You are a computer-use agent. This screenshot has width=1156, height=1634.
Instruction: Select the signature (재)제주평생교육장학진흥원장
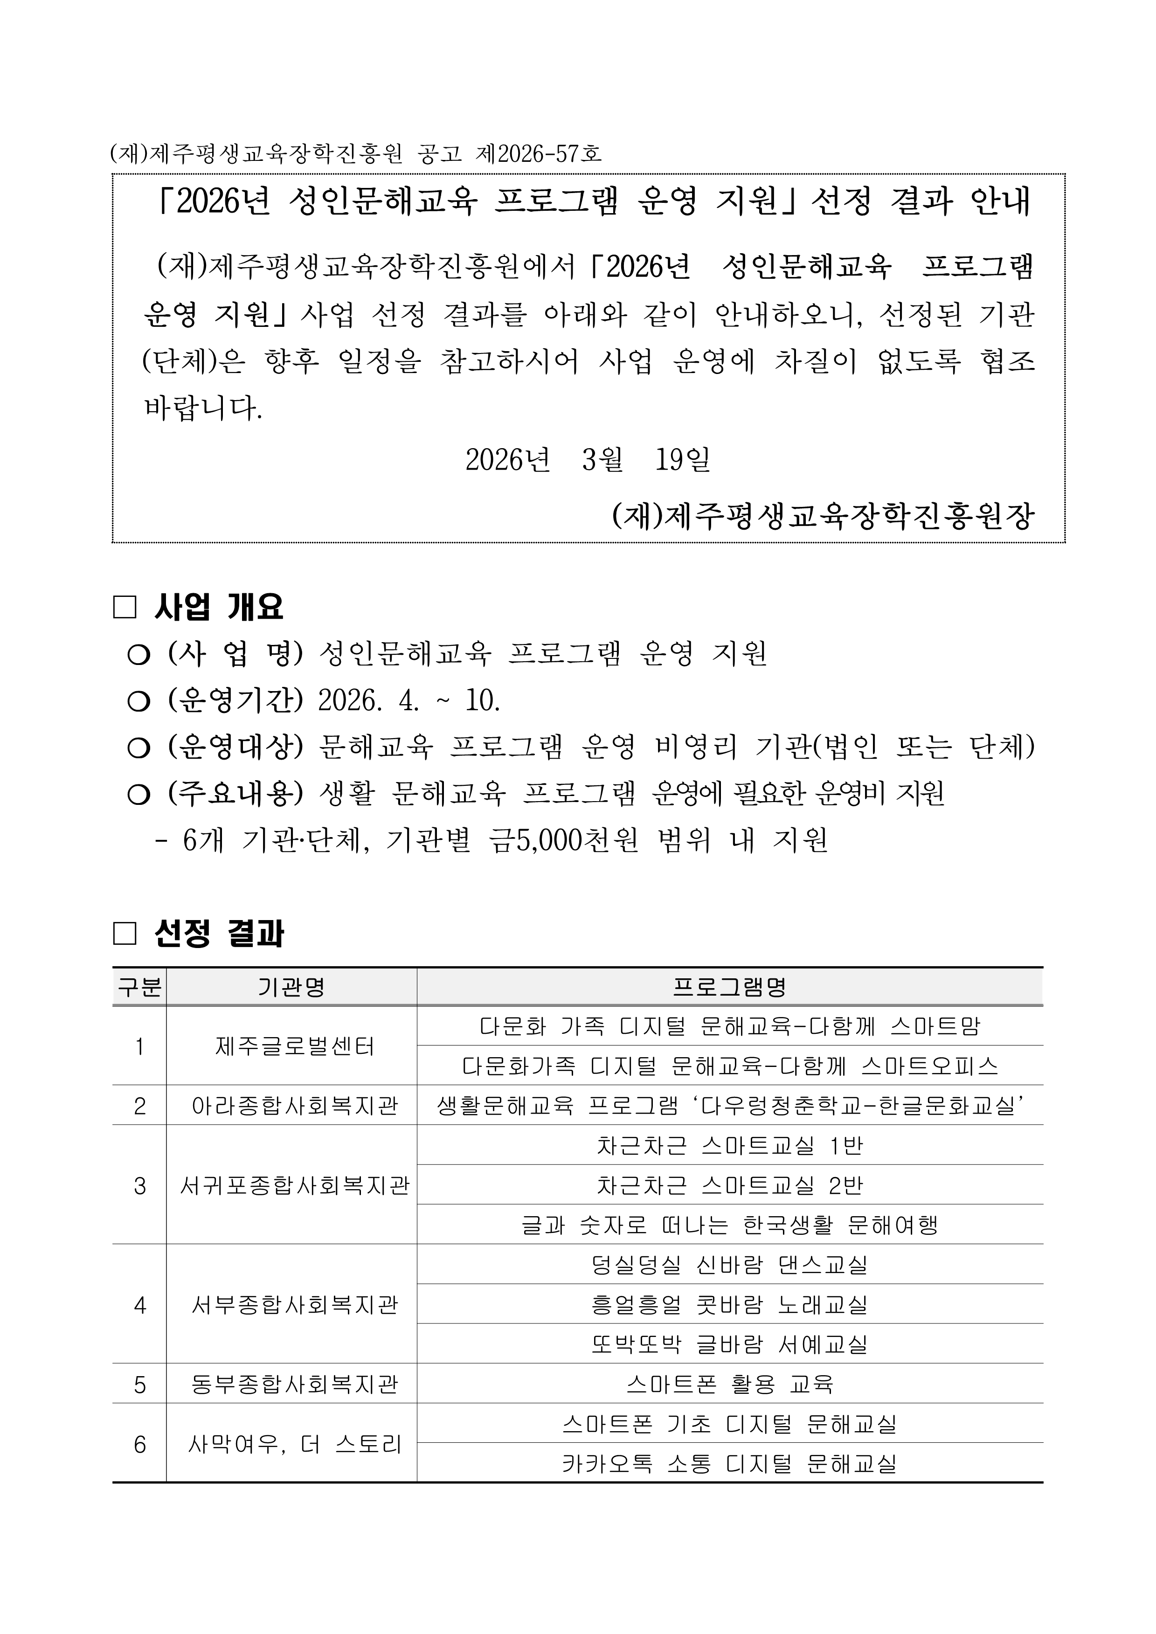[x=823, y=516]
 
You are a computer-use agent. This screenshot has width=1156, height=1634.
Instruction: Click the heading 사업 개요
[x=219, y=607]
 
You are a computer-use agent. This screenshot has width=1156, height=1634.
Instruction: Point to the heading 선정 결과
[x=219, y=934]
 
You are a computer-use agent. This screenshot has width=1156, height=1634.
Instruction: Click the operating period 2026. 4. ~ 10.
[x=409, y=701]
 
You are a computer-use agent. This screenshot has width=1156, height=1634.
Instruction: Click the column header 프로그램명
[x=730, y=987]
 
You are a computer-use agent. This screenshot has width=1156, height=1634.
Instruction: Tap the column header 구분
[x=139, y=987]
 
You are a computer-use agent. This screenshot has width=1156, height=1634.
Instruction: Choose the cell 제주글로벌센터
[x=295, y=1046]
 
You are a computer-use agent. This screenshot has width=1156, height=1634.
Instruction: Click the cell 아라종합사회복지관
[x=295, y=1105]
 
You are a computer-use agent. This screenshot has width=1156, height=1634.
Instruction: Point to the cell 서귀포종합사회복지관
[x=295, y=1185]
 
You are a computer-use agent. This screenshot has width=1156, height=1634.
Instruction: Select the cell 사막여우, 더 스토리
[x=295, y=1444]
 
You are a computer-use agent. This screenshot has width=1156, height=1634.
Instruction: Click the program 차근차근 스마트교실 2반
[x=730, y=1185]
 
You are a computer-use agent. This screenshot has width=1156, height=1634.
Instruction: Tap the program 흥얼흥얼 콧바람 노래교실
[x=730, y=1304]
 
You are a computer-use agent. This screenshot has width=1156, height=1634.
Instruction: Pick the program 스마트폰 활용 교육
[x=730, y=1384]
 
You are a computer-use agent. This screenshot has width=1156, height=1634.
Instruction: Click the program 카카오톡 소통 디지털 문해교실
[x=730, y=1464]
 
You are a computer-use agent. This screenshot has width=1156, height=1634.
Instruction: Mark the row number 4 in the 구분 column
[x=139, y=1304]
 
